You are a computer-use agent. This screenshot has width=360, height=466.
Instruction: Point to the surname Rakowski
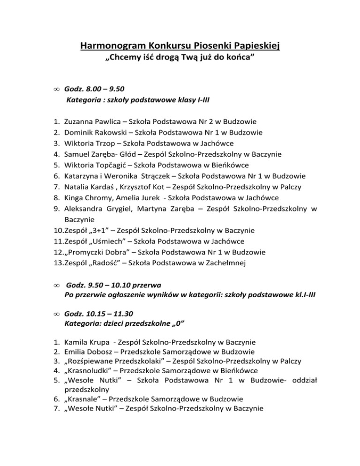109,132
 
